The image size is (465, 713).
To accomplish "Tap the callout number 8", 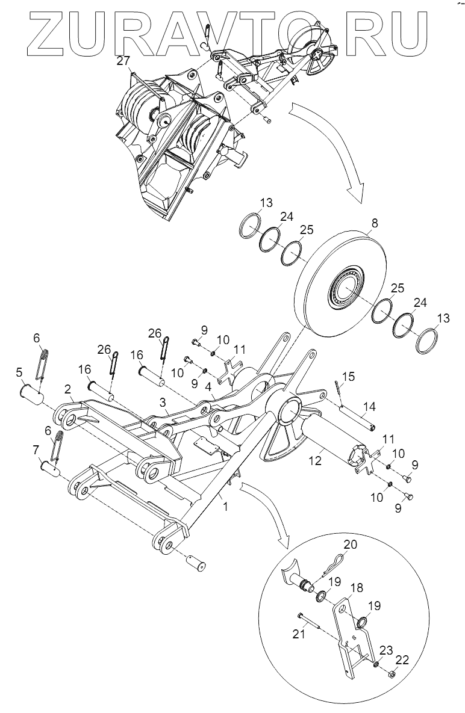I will pyautogui.click(x=374, y=223).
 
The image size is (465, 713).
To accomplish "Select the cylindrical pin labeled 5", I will pyautogui.click(x=30, y=397).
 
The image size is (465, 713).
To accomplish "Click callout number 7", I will pyautogui.click(x=36, y=449).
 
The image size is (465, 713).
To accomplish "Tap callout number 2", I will pyautogui.click(x=68, y=389).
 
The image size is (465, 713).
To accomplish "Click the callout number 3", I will pyautogui.click(x=163, y=401).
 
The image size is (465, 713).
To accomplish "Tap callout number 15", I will pyautogui.click(x=344, y=377).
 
